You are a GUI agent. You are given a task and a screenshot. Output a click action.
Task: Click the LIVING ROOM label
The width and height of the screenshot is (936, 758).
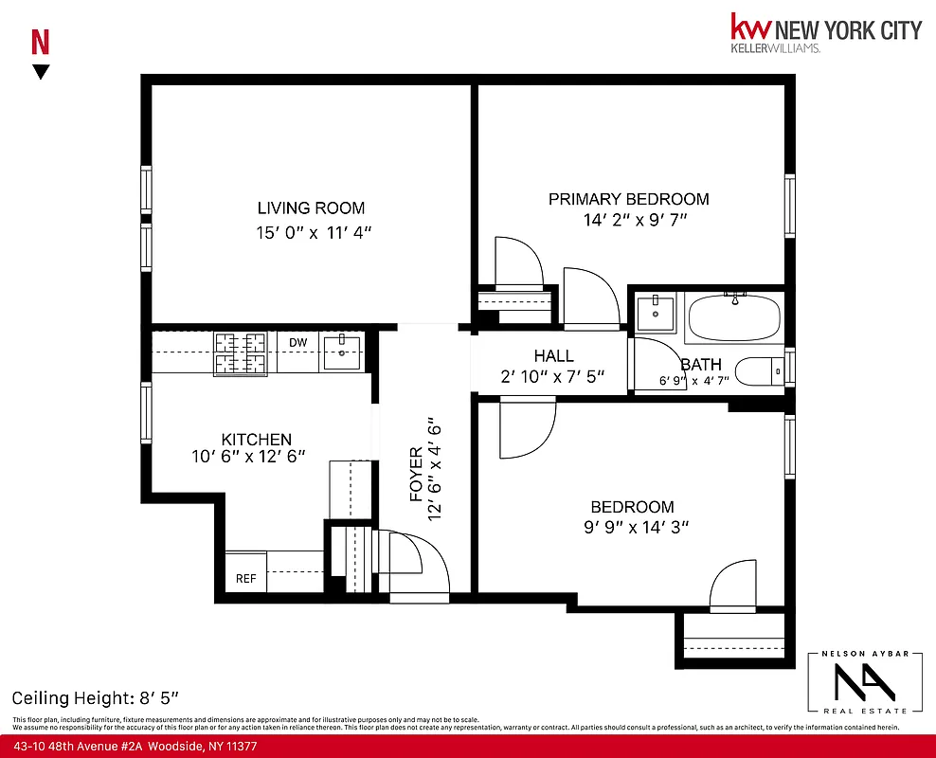tap(311, 208)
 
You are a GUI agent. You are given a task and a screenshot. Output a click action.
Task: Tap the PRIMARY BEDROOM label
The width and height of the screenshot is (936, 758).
tap(628, 199)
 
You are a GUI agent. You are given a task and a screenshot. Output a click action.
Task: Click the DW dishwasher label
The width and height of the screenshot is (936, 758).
tap(298, 342)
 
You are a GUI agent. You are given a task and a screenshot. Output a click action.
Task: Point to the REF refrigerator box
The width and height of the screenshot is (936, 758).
tap(245, 578)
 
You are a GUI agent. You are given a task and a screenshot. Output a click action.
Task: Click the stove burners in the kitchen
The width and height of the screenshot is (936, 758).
tap(241, 353)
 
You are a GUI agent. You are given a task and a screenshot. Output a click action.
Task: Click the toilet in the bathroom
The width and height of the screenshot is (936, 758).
tap(760, 372)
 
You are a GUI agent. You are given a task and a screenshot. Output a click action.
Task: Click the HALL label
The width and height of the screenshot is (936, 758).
tap(553, 356)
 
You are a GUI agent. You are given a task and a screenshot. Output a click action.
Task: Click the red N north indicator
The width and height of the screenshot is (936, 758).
tap(41, 43)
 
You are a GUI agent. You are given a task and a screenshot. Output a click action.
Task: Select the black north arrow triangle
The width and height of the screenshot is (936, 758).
tap(41, 72)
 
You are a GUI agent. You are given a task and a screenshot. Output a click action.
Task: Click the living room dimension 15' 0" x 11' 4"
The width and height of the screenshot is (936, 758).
tap(311, 231)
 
